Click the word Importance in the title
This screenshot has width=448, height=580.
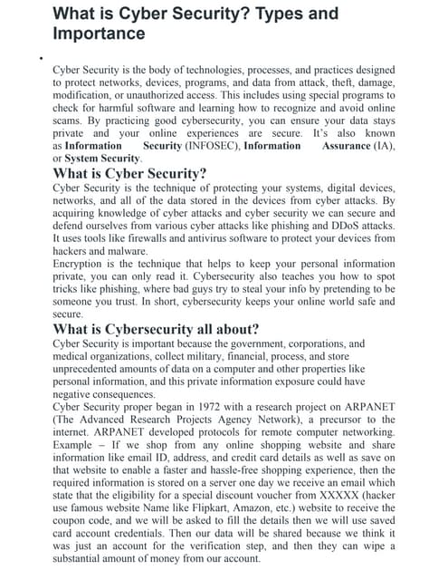click(99, 34)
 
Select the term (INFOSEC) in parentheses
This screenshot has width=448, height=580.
click(212, 145)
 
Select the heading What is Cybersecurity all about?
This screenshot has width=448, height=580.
click(157, 328)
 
